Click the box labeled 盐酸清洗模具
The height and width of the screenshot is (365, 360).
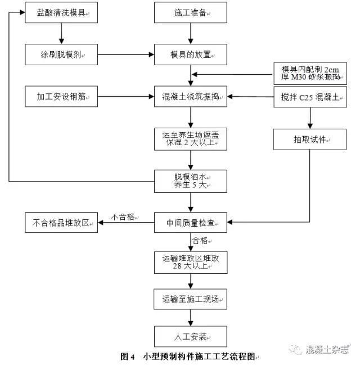point(61,12)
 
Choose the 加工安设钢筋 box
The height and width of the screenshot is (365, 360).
point(61,96)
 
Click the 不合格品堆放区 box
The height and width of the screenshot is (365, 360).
point(61,223)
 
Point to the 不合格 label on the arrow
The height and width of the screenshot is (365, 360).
point(123,216)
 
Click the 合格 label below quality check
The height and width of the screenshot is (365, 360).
point(201,241)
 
